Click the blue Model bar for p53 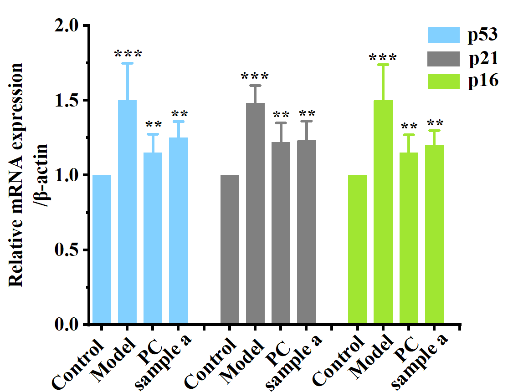click(127, 212)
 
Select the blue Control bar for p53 click(102, 249)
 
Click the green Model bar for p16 click(383, 212)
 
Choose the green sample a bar click(434, 234)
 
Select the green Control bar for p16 click(358, 249)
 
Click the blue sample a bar click(179, 230)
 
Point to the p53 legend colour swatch click(444, 35)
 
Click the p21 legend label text click(485, 58)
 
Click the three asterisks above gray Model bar click(255, 76)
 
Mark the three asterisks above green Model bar click(383, 58)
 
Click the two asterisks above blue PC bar click(153, 124)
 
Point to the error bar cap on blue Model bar click(127, 63)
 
